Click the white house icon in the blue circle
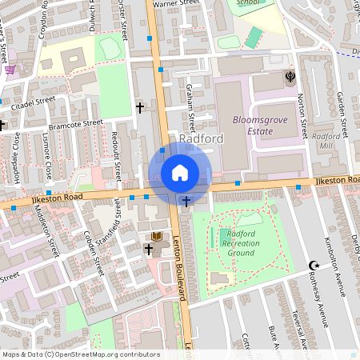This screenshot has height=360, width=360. click(180, 173)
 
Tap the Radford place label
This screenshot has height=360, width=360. click(201, 139)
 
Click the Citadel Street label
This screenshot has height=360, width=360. click(33, 102)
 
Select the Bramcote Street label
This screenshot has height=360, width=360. click(76, 124)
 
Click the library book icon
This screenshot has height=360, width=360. click(157, 236)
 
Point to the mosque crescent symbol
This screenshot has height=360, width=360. click(314, 266)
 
